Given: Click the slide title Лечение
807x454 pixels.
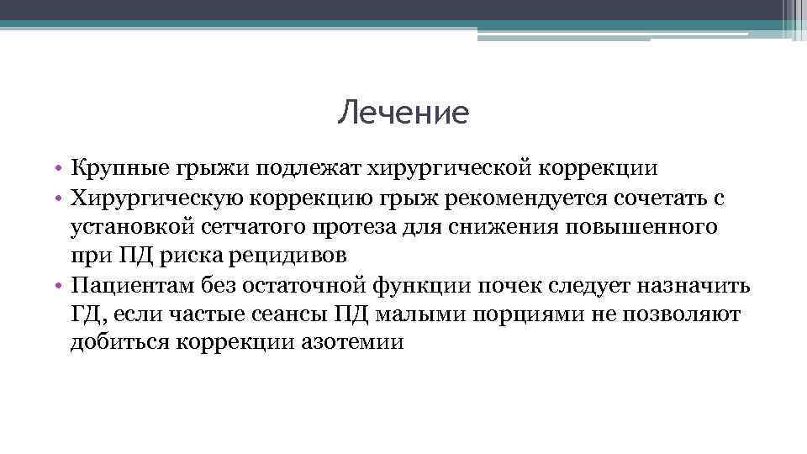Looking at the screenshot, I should click(x=403, y=113).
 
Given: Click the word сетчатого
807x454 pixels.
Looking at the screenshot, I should click(x=266, y=226).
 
